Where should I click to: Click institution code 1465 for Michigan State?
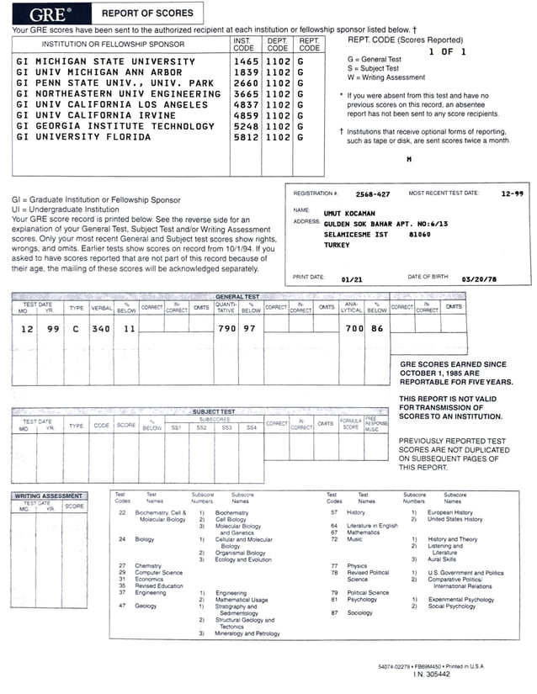tap(246, 62)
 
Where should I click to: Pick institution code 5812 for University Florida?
tap(246, 137)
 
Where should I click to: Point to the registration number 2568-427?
tap(373, 194)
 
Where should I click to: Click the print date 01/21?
tap(351, 278)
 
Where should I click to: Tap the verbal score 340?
tap(101, 329)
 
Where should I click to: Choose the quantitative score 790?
tap(226, 329)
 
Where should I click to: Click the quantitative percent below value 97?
tap(249, 329)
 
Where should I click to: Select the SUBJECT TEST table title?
tap(214, 411)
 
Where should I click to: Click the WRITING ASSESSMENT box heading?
tap(51, 495)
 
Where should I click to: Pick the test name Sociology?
tap(359, 613)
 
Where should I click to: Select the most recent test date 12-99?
tap(512, 193)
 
